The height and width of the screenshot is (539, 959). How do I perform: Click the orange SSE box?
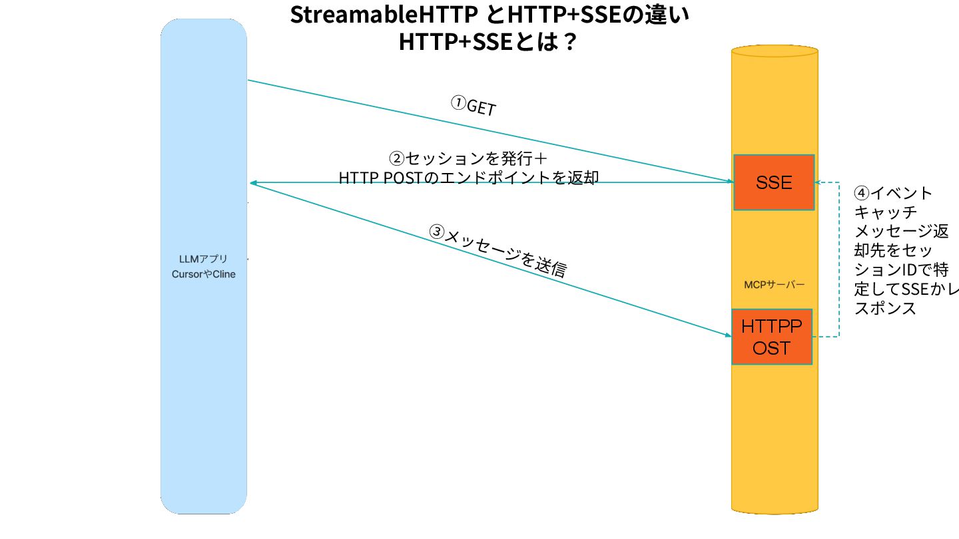click(774, 182)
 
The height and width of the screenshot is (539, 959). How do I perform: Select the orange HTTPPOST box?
click(772, 337)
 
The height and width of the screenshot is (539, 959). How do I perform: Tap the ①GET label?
click(474, 106)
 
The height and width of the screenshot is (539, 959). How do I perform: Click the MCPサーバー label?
click(775, 285)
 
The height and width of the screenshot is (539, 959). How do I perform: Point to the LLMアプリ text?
click(203, 259)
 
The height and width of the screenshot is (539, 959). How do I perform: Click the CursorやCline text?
click(203, 274)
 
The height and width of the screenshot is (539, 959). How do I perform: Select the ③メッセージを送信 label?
click(497, 251)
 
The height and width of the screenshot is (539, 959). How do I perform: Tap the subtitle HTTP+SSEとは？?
click(487, 42)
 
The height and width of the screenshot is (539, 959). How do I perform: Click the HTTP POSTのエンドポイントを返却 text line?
click(468, 178)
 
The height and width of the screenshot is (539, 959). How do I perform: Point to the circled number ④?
click(861, 194)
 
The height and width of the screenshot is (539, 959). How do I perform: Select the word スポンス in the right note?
click(884, 309)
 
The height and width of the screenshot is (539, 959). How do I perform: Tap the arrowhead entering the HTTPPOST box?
click(727, 335)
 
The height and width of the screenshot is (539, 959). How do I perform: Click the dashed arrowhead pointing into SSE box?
click(818, 183)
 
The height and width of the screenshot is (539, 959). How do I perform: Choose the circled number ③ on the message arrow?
click(436, 232)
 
